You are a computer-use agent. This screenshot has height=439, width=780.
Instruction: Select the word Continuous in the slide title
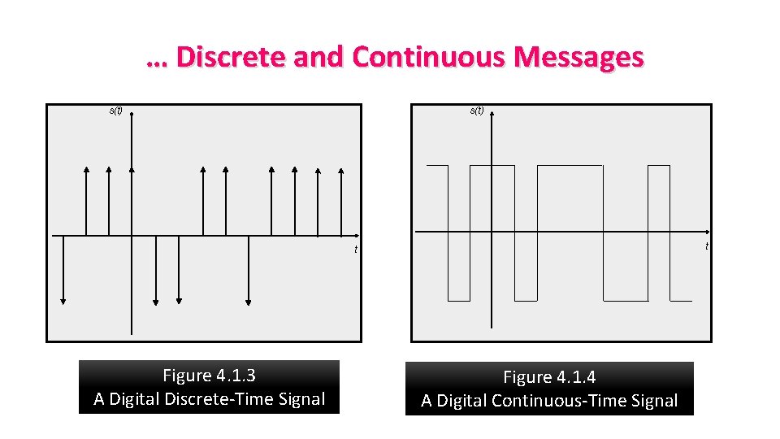click(428, 58)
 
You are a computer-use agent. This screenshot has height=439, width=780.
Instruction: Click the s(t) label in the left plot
click(115, 111)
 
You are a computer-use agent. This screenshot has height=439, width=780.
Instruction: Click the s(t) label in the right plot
click(477, 111)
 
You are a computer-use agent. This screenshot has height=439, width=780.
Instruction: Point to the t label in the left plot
click(355, 249)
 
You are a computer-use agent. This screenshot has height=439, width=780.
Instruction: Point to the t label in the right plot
click(707, 246)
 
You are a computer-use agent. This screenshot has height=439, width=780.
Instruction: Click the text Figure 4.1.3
click(209, 376)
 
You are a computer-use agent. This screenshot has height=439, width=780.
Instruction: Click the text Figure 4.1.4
click(549, 377)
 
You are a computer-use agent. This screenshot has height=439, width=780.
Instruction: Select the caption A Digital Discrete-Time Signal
click(209, 399)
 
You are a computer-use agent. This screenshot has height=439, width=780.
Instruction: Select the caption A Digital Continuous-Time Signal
click(549, 401)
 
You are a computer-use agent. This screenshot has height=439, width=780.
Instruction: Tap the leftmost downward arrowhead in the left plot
click(63, 301)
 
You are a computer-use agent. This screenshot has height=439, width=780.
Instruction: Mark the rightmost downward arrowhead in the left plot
click(248, 301)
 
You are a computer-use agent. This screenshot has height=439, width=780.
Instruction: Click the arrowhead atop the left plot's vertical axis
click(131, 112)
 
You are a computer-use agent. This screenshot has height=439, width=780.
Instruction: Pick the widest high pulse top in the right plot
click(570, 166)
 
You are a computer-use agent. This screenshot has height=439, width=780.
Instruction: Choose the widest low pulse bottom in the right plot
click(626, 300)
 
